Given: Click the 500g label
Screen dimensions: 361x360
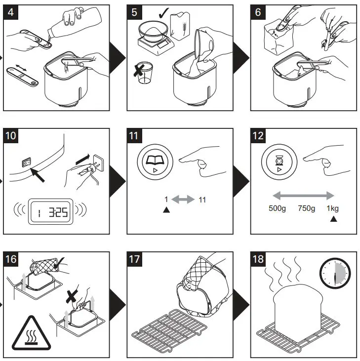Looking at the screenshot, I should tap(278, 208).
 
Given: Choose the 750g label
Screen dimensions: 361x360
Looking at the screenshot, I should tap(306, 208).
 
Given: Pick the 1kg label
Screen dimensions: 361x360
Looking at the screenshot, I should tap(333, 208).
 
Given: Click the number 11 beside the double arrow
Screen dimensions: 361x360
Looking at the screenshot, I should tap(201, 200).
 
